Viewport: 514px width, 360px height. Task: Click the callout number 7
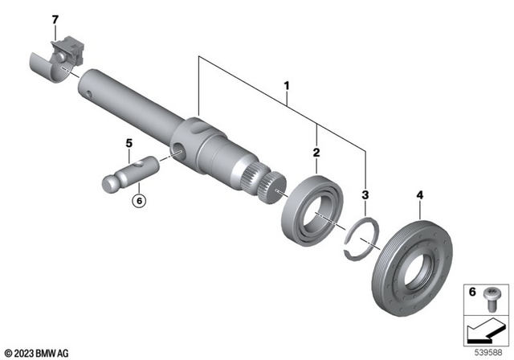(55, 18)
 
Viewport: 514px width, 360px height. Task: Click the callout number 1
(284, 84)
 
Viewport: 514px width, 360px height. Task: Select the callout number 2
(316, 151)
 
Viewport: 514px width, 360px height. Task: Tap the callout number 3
(365, 194)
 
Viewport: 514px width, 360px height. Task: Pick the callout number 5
(128, 144)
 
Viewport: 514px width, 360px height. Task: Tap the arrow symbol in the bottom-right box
(484, 329)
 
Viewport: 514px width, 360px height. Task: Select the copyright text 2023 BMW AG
(38, 351)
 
